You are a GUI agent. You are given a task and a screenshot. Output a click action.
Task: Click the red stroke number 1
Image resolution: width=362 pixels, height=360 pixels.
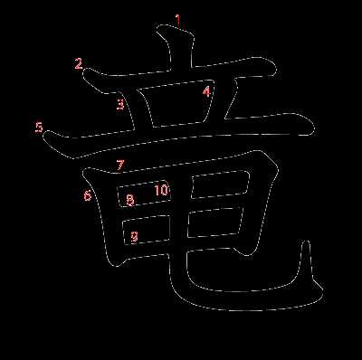point(179,20)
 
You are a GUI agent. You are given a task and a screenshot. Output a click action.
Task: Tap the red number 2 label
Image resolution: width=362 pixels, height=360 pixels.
point(79,64)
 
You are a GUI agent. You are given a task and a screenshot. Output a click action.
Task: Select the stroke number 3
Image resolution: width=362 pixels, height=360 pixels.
point(120,104)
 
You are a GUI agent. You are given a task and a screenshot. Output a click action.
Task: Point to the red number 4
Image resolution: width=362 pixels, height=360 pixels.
point(206,91)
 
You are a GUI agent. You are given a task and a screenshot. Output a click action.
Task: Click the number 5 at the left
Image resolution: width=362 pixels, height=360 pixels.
point(39,128)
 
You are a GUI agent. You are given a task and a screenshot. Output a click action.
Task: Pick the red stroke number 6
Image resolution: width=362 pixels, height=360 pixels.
point(88,195)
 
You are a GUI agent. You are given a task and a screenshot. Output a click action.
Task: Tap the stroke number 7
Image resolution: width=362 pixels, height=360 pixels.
point(120,165)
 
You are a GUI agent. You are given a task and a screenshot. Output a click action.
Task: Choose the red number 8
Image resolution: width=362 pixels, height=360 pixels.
point(130,200)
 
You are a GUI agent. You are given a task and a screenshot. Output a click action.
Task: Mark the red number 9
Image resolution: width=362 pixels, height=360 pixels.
point(134,237)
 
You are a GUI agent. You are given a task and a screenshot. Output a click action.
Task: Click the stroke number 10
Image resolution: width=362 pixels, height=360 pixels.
point(162,190)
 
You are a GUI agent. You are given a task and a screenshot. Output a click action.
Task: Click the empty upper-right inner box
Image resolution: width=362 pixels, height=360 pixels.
point(220,185)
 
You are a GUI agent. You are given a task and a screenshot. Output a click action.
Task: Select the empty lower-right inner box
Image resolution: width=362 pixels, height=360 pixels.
point(214,223)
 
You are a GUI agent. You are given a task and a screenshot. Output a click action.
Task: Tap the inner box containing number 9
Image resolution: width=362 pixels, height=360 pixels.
point(146,230)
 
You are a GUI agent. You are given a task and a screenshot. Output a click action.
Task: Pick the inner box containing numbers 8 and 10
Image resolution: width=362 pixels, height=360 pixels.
point(144,194)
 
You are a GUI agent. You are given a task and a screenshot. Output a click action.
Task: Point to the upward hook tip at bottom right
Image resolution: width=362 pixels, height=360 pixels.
point(307,242)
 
